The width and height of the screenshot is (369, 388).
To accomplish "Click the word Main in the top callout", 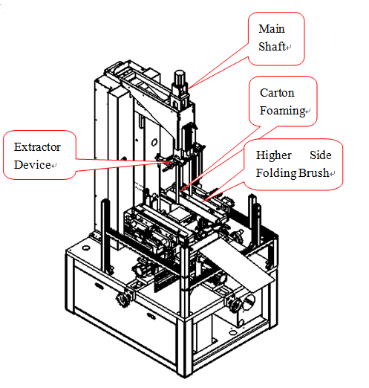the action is pyautogui.click(x=272, y=29).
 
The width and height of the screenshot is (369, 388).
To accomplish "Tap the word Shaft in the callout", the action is pyautogui.click(x=272, y=46).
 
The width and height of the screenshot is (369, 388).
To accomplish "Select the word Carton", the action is pyautogui.click(x=277, y=93).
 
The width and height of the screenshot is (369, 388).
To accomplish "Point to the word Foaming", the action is pyautogui.click(x=282, y=111).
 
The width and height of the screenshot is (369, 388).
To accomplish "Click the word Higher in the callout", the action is pyautogui.click(x=273, y=155).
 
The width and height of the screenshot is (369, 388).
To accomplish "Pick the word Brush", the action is pyautogui.click(x=313, y=173).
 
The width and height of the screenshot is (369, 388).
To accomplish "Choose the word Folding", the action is pyautogui.click(x=276, y=173).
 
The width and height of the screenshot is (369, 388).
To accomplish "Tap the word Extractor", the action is pyautogui.click(x=37, y=147).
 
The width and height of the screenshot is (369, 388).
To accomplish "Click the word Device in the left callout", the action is pyautogui.click(x=33, y=165).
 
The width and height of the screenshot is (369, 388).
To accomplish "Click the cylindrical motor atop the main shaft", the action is pyautogui.click(x=180, y=77).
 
